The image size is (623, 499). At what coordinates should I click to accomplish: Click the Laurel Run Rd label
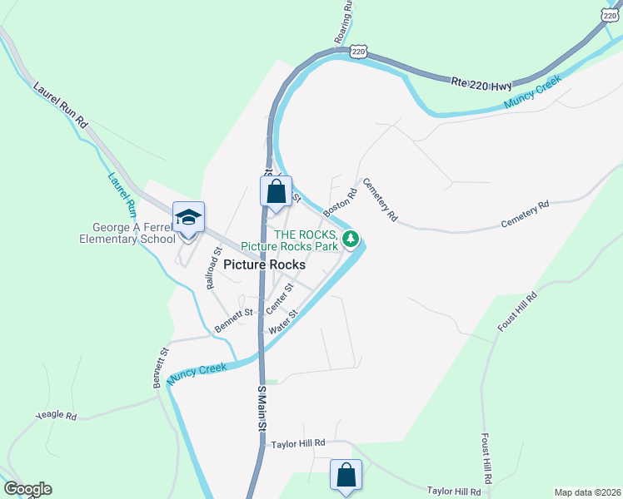(61, 104)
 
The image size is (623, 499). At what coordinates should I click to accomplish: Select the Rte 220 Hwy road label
(481, 84)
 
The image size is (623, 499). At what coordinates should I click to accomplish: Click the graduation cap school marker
(188, 218)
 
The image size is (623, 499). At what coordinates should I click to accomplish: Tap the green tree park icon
(351, 240)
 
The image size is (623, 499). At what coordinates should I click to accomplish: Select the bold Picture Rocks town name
(264, 265)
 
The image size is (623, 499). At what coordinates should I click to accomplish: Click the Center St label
(279, 298)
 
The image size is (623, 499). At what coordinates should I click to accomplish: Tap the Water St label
(283, 324)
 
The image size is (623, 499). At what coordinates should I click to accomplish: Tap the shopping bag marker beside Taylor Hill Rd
(346, 475)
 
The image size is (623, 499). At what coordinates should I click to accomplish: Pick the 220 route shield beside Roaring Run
(359, 52)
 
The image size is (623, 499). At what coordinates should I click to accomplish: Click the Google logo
(27, 489)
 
